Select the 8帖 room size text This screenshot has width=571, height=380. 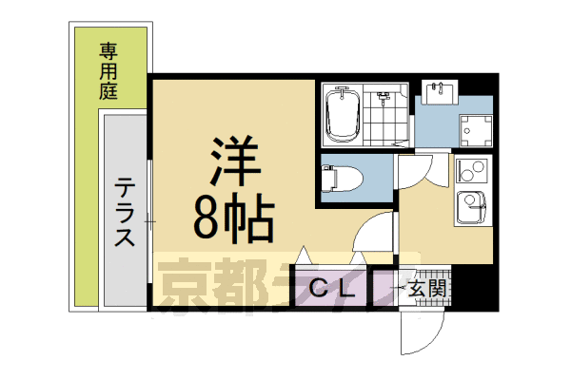click(233, 218)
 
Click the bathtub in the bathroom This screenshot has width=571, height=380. click(340, 114)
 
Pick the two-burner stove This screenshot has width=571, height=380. click(470, 170)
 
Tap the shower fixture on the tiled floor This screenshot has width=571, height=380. click(384, 98)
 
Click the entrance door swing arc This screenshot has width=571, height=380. click(420, 332)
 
